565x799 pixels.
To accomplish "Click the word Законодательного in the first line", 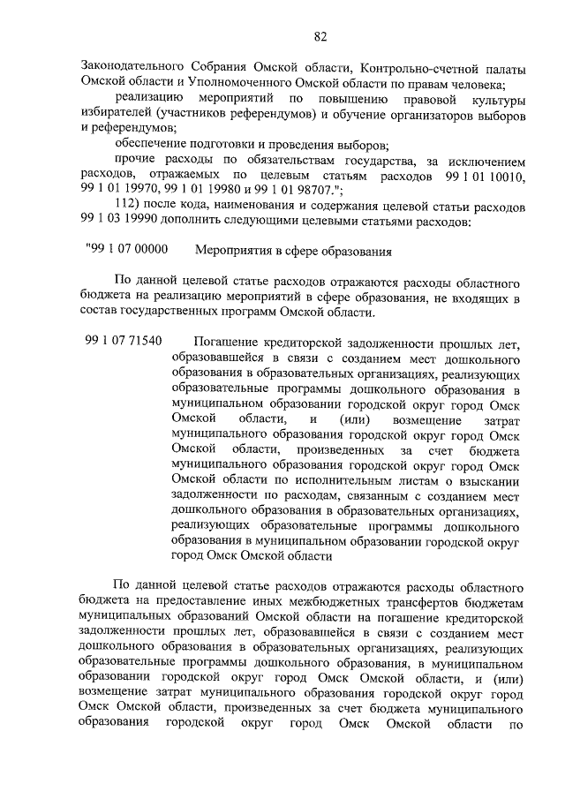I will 133,68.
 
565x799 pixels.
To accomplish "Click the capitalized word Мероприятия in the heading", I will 231,251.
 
